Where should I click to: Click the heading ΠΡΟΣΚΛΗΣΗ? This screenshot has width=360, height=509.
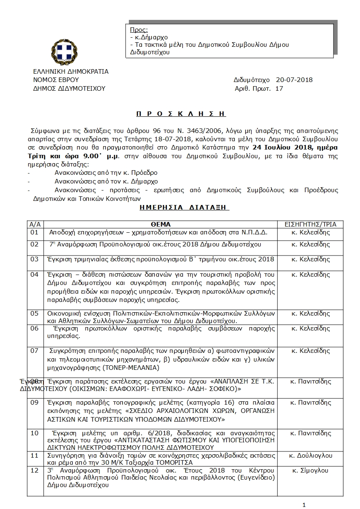(x=182, y=113)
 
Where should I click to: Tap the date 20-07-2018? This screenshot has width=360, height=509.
(x=294, y=80)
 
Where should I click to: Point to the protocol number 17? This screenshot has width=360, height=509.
(x=279, y=88)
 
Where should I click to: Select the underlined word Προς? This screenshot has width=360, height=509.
(x=139, y=30)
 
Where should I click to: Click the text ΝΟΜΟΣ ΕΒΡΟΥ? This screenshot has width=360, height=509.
(x=56, y=80)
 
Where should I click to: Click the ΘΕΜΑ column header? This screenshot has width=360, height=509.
(x=161, y=224)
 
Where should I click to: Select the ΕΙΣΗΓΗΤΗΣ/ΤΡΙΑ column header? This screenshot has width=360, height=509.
(x=310, y=224)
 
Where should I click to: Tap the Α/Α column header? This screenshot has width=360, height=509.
(x=35, y=224)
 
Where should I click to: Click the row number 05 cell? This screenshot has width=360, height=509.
(x=35, y=314)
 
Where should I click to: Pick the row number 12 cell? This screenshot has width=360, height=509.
(x=35, y=471)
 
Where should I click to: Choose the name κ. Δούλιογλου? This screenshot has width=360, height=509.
(x=312, y=456)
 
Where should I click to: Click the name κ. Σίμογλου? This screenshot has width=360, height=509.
(x=310, y=471)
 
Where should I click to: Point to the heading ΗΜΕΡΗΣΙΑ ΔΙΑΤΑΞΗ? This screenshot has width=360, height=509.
(x=184, y=207)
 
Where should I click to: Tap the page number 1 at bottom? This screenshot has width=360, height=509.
(x=304, y=505)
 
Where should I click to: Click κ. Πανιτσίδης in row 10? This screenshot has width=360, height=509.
(x=310, y=433)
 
